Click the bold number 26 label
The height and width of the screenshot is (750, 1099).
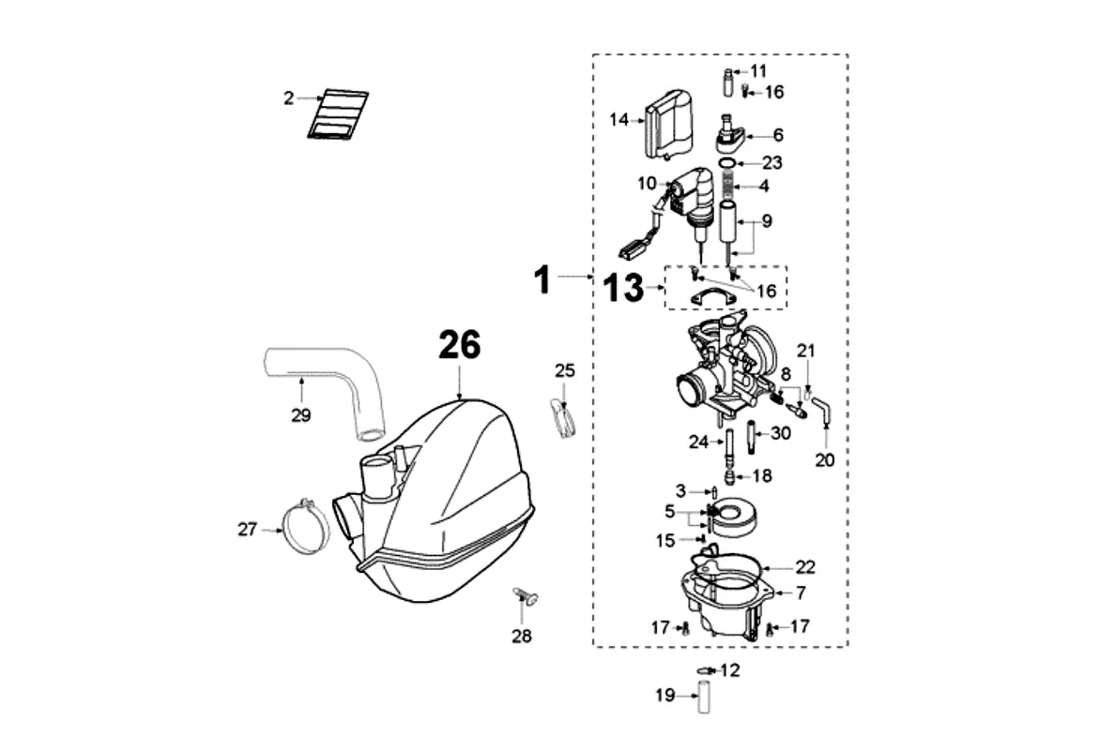click(460, 345)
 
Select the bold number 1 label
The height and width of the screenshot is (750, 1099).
click(542, 279)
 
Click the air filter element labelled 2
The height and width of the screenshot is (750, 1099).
click(338, 114)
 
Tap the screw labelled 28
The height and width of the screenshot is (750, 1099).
click(525, 596)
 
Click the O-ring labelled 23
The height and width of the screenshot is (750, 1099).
click(728, 164)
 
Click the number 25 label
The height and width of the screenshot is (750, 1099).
click(565, 370)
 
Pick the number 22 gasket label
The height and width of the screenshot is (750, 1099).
click(805, 567)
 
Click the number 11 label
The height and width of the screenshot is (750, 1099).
click(758, 70)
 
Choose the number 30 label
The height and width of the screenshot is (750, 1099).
click(781, 433)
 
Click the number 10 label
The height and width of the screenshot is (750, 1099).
click(647, 184)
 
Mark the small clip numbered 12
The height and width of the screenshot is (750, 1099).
click(703, 671)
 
